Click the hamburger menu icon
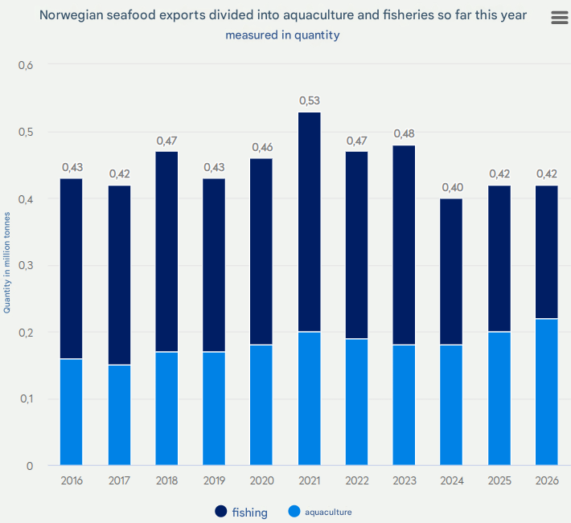[559, 18]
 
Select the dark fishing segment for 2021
[310, 222]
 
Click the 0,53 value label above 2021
[310, 100]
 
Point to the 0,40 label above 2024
[452, 187]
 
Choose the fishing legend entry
[241, 512]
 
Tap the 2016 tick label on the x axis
[72, 480]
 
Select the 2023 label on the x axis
[405, 480]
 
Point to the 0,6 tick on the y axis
[26, 65]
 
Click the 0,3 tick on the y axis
[26, 265]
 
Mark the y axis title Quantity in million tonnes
[7, 262]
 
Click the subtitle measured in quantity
[282, 35]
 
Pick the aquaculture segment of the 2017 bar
[119, 415]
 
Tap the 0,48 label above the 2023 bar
[405, 133]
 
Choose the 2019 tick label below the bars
[214, 480]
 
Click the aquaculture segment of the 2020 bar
[262, 406]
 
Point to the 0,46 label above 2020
[262, 147]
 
